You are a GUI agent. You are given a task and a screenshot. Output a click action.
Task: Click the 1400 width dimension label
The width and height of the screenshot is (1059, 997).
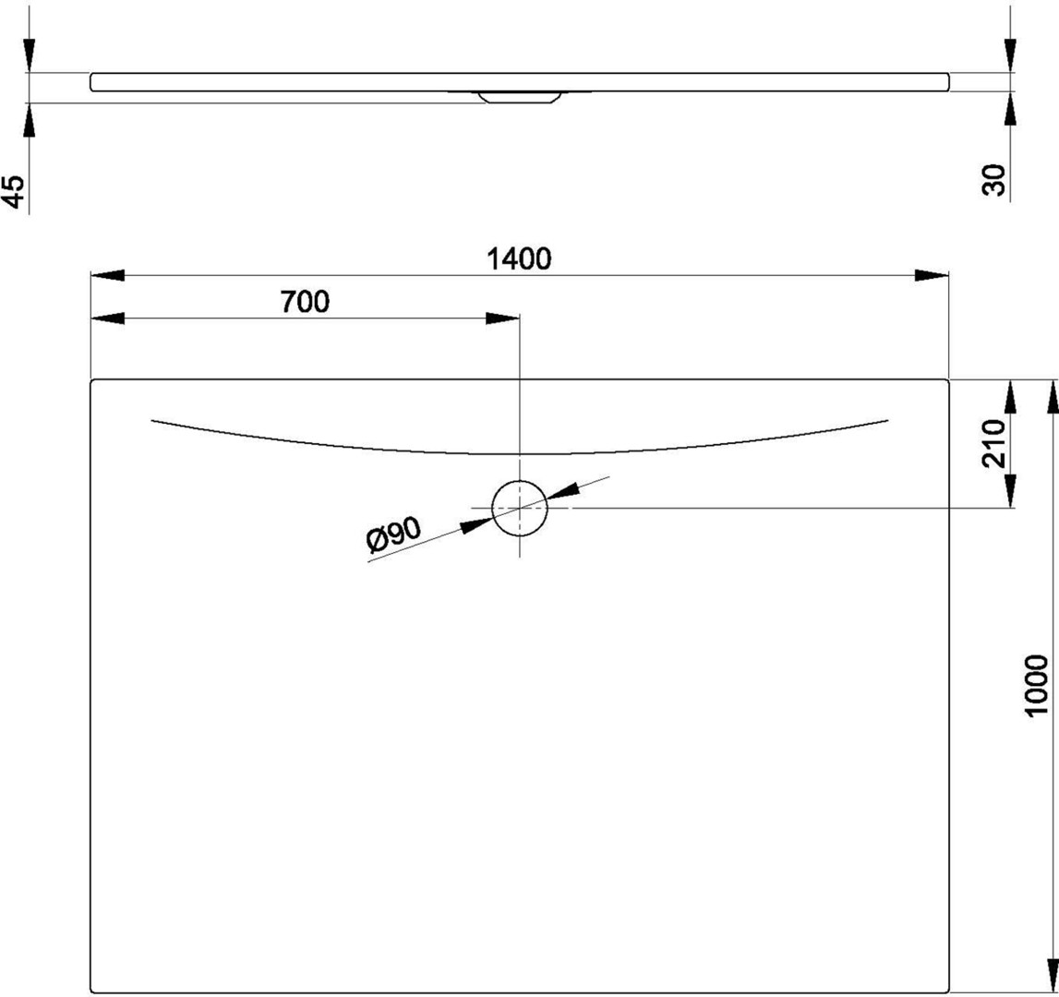click(x=519, y=258)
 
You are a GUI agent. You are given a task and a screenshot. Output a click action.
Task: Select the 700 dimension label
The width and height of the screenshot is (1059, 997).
click(x=305, y=302)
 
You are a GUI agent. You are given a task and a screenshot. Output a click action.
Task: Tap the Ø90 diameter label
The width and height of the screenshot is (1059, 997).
click(x=393, y=535)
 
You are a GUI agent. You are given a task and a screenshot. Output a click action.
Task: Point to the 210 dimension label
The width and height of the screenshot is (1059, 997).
click(x=994, y=443)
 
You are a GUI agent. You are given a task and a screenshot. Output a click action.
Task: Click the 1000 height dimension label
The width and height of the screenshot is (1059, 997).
click(x=1036, y=685)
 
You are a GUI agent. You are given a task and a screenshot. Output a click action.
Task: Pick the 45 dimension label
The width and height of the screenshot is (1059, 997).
click(x=14, y=192)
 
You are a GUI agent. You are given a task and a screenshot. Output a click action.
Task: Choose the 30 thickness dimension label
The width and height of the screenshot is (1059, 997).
click(x=994, y=180)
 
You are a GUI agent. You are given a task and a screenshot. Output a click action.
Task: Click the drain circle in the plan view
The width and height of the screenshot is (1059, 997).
click(x=520, y=481)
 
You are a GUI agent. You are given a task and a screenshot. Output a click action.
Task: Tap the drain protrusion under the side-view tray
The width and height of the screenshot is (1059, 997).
click(x=520, y=97)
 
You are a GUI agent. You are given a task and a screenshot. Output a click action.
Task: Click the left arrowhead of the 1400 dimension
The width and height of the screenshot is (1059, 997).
click(x=107, y=276)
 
